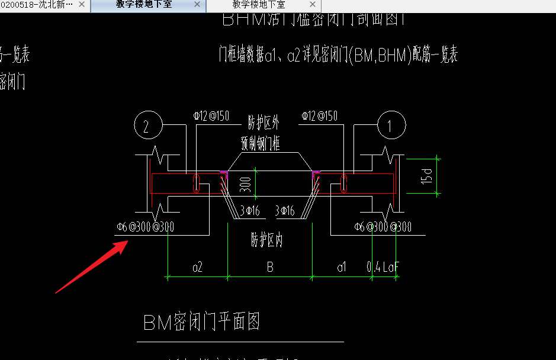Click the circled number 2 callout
(x=149, y=125)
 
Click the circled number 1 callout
(x=391, y=125)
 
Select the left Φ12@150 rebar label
(x=211, y=116)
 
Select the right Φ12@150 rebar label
(x=319, y=116)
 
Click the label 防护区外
(x=263, y=123)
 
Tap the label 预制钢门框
(x=261, y=143)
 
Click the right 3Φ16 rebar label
(x=285, y=210)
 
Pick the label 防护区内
(x=267, y=240)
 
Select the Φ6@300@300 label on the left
(x=144, y=227)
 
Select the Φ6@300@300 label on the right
(x=383, y=227)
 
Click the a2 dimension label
(x=198, y=268)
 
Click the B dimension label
(x=270, y=268)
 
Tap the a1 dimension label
(x=342, y=268)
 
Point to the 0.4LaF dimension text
(x=384, y=268)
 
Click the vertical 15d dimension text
(x=426, y=175)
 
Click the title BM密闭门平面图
(x=201, y=323)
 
